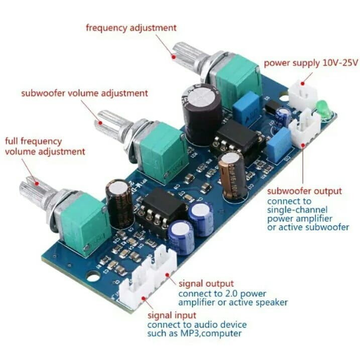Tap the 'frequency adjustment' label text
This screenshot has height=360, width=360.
pos(131,28)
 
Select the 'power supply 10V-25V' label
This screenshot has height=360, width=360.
pos(311,63)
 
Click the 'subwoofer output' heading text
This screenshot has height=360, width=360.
pos(304,191)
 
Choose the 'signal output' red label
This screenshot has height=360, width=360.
pos(206,284)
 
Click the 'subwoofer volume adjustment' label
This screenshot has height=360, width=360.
pos(84,93)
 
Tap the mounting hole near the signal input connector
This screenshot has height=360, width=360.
pos(92,276)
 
